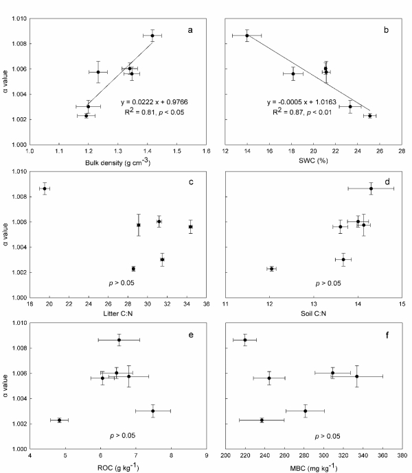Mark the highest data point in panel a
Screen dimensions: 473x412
[x=152, y=36]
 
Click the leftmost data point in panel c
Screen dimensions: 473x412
[x=45, y=189]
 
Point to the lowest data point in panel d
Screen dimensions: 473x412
[x=272, y=269]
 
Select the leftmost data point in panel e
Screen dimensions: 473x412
[x=59, y=420]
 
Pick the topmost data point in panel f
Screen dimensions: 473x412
[x=245, y=340]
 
